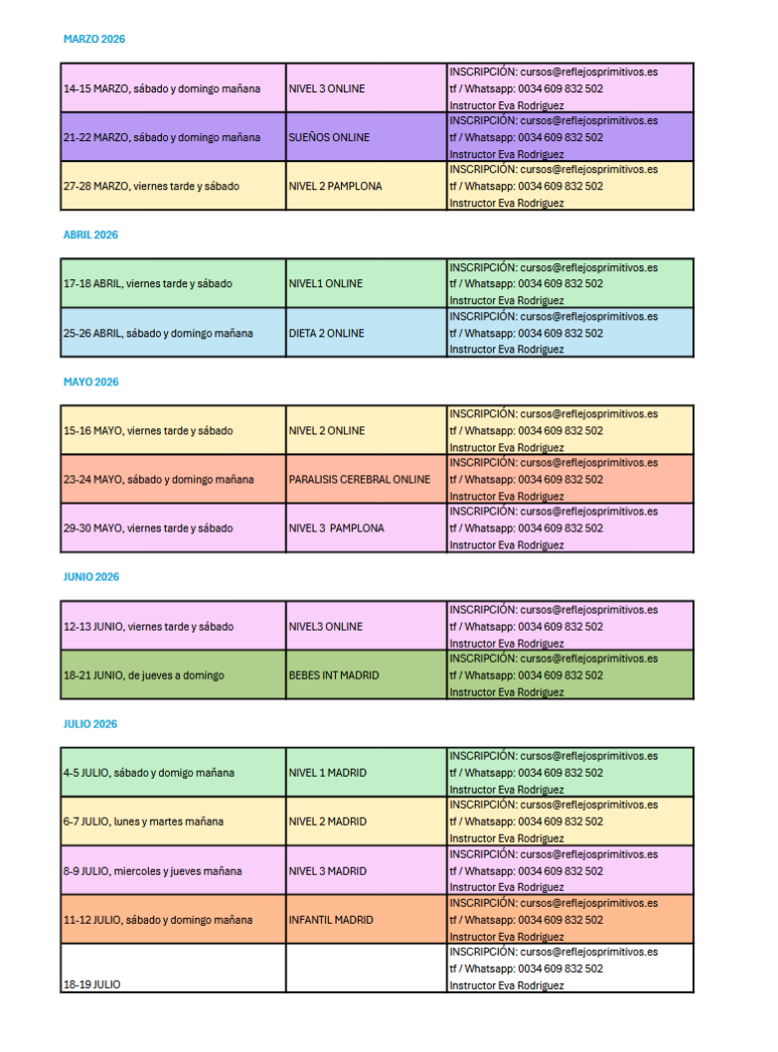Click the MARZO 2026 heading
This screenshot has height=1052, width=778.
(94, 40)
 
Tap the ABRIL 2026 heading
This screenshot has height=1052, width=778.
(90, 235)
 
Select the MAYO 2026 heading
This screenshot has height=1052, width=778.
(91, 382)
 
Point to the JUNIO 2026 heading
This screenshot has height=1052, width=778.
(91, 577)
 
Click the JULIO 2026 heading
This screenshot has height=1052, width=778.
(90, 724)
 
